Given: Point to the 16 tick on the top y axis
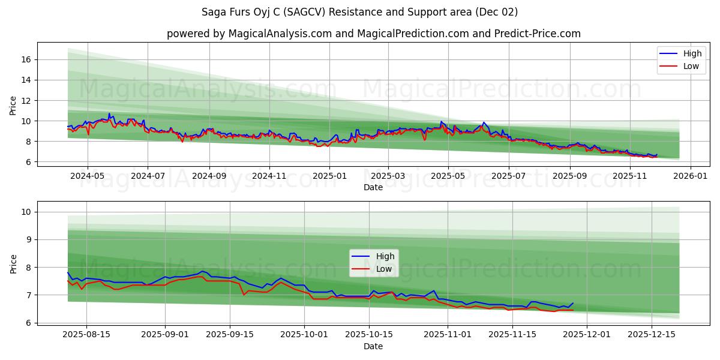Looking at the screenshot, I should pos(26,59).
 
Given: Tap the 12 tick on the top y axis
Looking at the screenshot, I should pos(26,100).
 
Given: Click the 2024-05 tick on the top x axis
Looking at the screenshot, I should pos(88,176).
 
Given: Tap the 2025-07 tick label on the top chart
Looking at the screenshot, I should pos(508,176).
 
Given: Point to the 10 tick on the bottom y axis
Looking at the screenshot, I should pos(26,212).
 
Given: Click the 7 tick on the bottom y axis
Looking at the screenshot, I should pos(29,295).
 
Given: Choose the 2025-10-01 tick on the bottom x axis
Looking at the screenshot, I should pos(305,335).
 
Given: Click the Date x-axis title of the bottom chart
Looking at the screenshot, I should pos(373,346).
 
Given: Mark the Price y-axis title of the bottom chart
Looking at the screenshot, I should pos(13,263).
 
